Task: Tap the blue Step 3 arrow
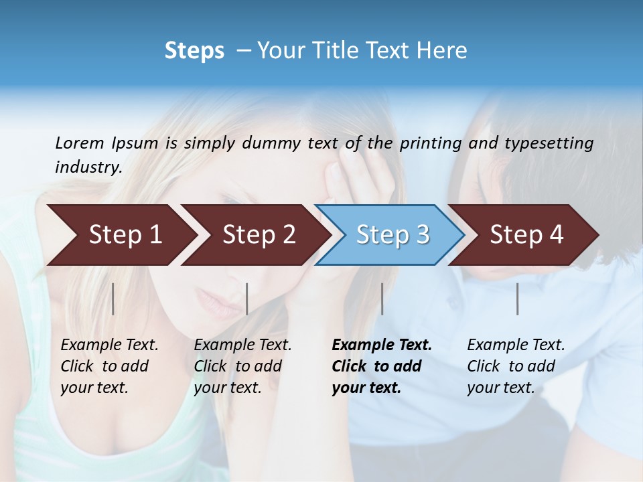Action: click(392, 235)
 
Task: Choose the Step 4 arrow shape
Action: click(526, 235)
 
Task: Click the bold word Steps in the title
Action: click(194, 50)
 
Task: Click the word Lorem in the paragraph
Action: click(80, 143)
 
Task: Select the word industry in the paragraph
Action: click(88, 167)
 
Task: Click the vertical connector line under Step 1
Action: click(113, 299)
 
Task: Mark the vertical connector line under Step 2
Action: click(247, 299)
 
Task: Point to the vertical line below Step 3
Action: click(382, 299)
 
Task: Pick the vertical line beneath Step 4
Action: click(517, 299)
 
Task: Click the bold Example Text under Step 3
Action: click(382, 345)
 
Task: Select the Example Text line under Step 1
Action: click(109, 345)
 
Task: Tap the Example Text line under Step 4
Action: click(516, 345)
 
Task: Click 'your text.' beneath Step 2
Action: click(227, 388)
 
